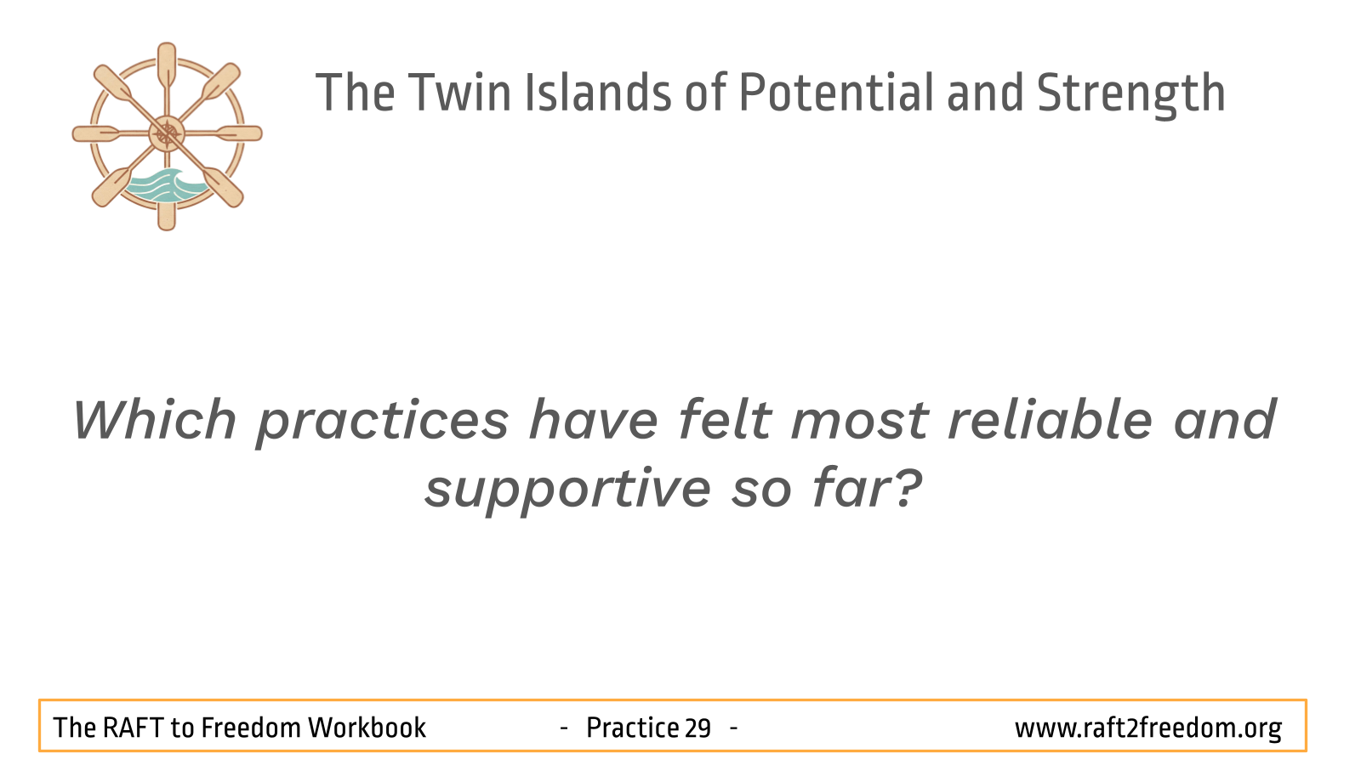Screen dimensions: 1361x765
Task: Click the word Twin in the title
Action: [459, 93]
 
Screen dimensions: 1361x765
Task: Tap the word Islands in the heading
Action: [598, 93]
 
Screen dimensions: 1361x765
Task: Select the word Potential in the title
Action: [836, 93]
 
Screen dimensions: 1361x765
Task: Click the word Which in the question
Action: [154, 419]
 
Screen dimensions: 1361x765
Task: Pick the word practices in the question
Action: [383, 423]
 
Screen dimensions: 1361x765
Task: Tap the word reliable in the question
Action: [1050, 419]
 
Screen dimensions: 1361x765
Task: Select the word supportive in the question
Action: [567, 490]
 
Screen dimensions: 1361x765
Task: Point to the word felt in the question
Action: [724, 419]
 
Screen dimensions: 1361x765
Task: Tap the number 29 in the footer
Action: [698, 728]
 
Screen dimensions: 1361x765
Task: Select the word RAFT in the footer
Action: [133, 728]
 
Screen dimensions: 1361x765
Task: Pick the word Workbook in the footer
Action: [367, 728]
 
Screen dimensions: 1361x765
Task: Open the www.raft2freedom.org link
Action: [1148, 728]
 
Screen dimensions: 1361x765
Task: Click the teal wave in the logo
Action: [165, 186]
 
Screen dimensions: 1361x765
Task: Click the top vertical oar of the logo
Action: [167, 67]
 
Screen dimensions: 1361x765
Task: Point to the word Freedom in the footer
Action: [251, 728]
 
